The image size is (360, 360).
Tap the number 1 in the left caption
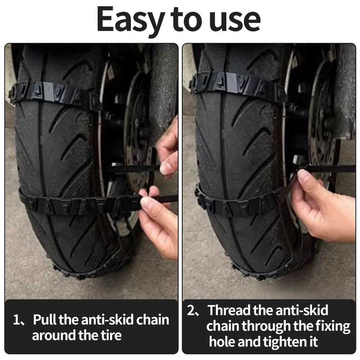tap(17, 320)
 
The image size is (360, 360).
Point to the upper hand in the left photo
tap(168, 146)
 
